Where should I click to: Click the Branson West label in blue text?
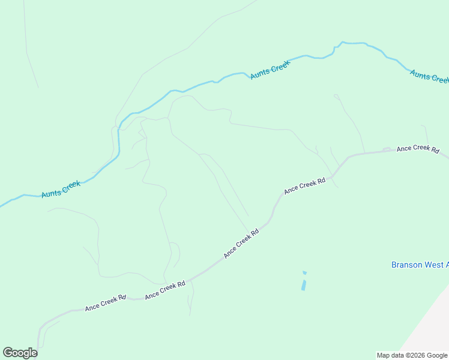tap(420, 265)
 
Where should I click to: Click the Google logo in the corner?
tap(20, 353)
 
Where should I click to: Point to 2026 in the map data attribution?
tap(415, 355)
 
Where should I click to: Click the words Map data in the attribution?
tap(391, 355)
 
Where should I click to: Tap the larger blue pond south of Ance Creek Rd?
tap(304, 285)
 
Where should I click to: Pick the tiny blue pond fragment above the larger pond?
tap(304, 273)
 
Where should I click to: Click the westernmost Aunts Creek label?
tap(61, 189)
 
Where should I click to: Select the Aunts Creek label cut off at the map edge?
tap(429, 76)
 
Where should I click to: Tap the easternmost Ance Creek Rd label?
tap(418, 148)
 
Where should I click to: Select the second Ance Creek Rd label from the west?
tap(164, 290)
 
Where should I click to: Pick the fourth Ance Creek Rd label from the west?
tap(304, 185)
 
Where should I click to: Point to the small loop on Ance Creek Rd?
tap(387, 149)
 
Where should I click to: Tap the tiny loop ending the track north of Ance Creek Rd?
tap(336, 95)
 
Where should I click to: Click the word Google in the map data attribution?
tap(437, 355)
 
